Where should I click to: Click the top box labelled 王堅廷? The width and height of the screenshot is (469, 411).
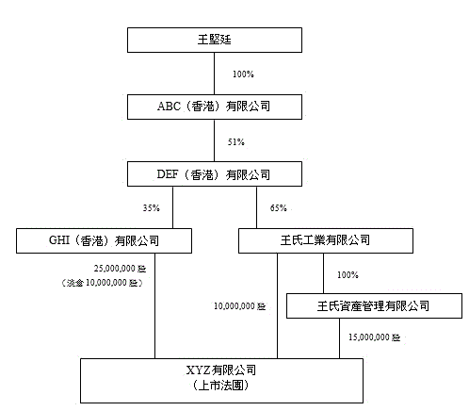point(215,40)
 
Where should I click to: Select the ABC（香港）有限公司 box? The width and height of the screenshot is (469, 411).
point(215,107)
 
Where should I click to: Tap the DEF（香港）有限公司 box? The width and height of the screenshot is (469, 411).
point(215,174)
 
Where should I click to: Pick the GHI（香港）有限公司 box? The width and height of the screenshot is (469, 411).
point(104,240)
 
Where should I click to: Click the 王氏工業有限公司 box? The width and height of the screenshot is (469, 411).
point(326,240)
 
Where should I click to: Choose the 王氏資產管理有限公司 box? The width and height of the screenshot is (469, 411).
point(374,305)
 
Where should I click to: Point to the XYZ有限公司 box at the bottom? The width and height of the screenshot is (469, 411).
point(221,381)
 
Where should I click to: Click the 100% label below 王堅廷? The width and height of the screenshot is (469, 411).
point(243,74)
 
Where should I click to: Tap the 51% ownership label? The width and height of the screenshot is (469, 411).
point(235,142)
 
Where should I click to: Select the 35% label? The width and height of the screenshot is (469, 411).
point(152,208)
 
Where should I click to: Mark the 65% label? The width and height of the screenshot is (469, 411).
point(279,208)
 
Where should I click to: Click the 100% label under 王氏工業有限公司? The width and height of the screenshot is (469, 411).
point(348,275)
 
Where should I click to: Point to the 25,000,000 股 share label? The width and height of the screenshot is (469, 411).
point(120,269)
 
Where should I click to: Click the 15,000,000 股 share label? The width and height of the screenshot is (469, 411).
point(374,337)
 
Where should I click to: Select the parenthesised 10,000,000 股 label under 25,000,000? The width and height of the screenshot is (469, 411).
point(102,283)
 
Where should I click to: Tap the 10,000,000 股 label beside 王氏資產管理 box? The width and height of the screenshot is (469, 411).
point(240,306)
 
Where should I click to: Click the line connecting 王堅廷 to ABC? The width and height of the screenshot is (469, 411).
point(215,74)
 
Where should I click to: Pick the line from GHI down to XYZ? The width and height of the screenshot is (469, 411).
point(154,305)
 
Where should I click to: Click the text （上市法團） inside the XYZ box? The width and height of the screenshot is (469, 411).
point(221,386)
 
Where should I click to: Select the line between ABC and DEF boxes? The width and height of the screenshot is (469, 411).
point(215,140)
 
